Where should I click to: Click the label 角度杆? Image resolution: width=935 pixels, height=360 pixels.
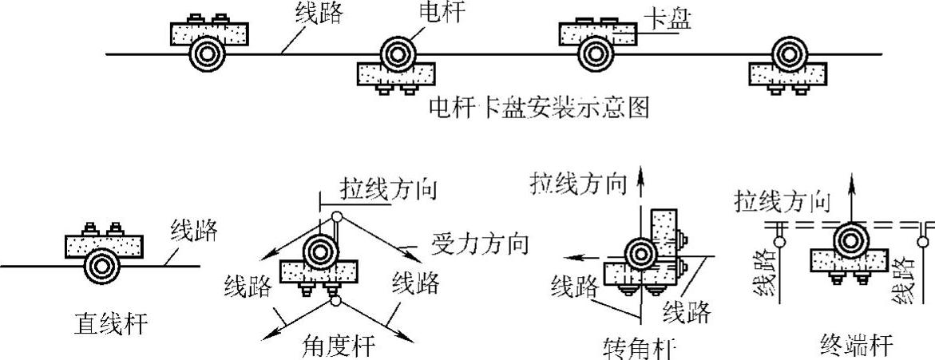339,346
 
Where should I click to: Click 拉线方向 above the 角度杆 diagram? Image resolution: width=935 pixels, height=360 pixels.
390,190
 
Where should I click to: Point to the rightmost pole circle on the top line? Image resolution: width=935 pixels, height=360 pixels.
787,54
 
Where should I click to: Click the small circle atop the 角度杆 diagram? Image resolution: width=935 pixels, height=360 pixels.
337,216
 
